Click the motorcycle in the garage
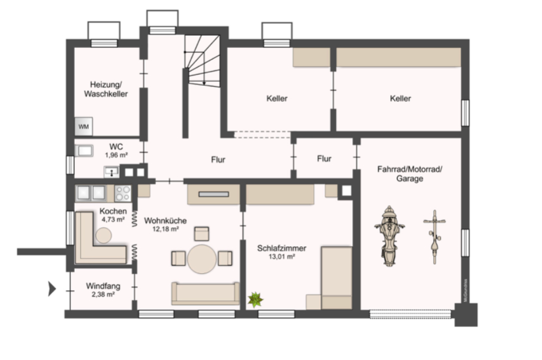point(389,234)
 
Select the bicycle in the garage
point(434,236)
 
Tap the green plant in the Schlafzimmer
point(255,299)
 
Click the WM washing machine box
point(83,126)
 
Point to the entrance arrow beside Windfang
point(52,288)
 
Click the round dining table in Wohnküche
point(202,258)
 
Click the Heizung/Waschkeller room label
point(106,89)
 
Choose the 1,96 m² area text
point(115,155)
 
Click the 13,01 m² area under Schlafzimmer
point(282,257)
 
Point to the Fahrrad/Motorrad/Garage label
point(410,173)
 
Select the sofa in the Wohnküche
point(205,293)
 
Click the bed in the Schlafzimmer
point(336,277)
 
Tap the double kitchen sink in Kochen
point(92,192)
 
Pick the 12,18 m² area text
point(165,229)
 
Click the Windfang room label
point(103,286)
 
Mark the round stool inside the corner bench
point(103,235)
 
